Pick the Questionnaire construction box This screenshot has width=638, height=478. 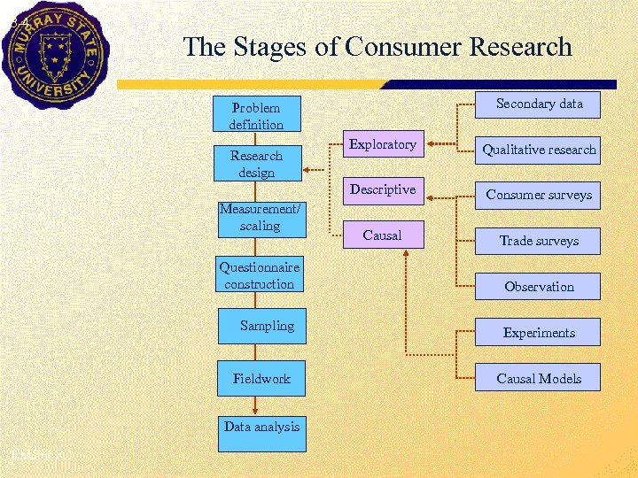coord(260,275)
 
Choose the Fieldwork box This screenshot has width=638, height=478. coord(261,379)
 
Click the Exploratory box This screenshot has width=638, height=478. coord(382,144)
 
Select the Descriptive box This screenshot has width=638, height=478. coord(382,189)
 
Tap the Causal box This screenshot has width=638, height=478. coord(382,235)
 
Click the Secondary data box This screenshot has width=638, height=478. coord(539,104)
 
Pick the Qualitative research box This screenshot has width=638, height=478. coord(539,150)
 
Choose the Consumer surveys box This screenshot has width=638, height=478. coord(539,195)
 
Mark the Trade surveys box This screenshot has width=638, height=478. coord(539,241)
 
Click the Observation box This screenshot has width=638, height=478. coord(539,287)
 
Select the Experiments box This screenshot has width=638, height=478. coord(539,333)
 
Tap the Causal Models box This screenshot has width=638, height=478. coord(539,379)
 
